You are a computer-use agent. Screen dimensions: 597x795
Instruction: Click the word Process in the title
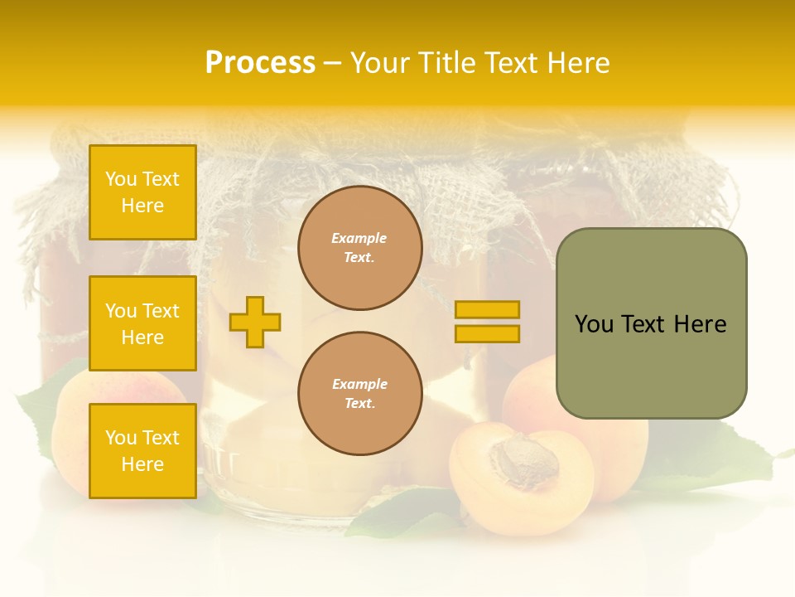260,63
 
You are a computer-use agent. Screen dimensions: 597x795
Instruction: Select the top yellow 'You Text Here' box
142,192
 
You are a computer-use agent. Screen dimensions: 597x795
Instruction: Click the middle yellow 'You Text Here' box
142,323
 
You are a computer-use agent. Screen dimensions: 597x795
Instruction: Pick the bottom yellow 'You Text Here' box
142,450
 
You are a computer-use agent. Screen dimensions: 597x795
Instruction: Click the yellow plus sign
255,322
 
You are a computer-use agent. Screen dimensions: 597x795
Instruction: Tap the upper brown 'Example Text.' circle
359,248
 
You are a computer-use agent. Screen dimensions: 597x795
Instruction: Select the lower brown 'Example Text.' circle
359,394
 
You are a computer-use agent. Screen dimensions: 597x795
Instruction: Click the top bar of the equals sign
487,309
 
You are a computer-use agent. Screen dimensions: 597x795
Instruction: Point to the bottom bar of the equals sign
487,334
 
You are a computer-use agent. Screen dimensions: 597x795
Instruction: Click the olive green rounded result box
651,323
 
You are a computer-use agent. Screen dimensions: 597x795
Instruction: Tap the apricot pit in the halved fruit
519,462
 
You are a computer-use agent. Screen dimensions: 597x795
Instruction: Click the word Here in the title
579,63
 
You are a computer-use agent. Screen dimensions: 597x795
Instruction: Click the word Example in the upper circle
359,238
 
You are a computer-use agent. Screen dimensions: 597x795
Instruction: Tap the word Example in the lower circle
359,384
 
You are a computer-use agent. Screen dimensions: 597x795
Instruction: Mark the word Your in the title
379,63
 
